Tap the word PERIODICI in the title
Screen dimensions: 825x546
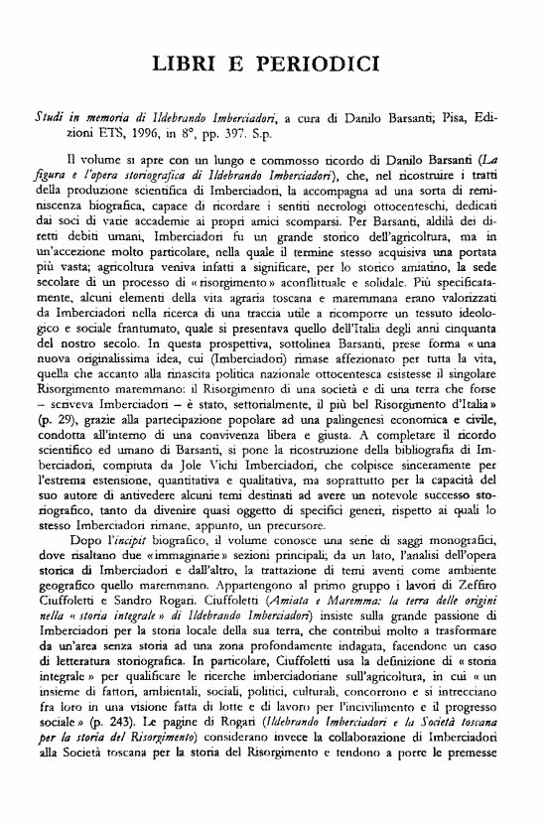coord(322,66)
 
